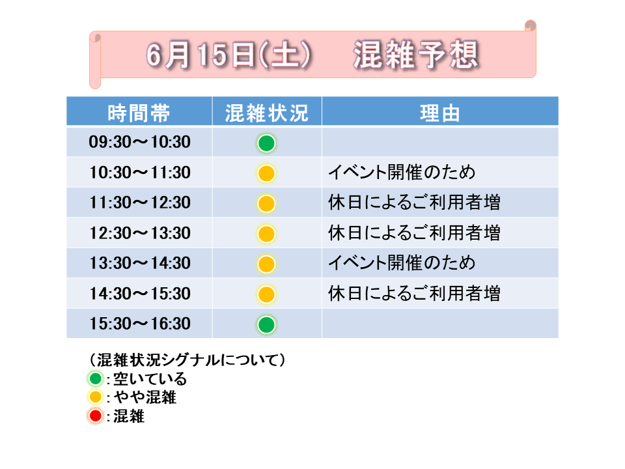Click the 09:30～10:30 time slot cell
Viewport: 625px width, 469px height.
[x=139, y=142]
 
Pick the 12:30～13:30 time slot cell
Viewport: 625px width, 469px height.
[x=139, y=233]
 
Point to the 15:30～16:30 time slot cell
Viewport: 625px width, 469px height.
[x=139, y=324]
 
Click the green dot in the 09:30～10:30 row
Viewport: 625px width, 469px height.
[x=266, y=143]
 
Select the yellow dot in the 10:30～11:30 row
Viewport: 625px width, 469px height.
[x=266, y=173]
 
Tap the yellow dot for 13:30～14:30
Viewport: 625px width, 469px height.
[x=266, y=264]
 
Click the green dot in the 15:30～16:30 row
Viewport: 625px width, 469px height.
[x=266, y=324]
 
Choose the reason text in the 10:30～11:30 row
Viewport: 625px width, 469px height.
[x=402, y=172]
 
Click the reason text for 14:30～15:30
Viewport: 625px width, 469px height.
[x=414, y=293]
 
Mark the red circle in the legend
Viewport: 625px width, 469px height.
[x=96, y=416]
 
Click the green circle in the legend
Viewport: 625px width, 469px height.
[x=96, y=378]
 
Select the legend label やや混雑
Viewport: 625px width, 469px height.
[x=145, y=397]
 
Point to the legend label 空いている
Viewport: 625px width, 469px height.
[x=150, y=378]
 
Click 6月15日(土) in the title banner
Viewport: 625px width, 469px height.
[x=229, y=55]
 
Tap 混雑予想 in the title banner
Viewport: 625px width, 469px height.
[x=416, y=55]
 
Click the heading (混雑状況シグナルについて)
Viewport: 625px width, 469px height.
[x=187, y=360]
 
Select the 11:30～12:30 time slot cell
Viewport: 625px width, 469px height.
[x=139, y=203]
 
